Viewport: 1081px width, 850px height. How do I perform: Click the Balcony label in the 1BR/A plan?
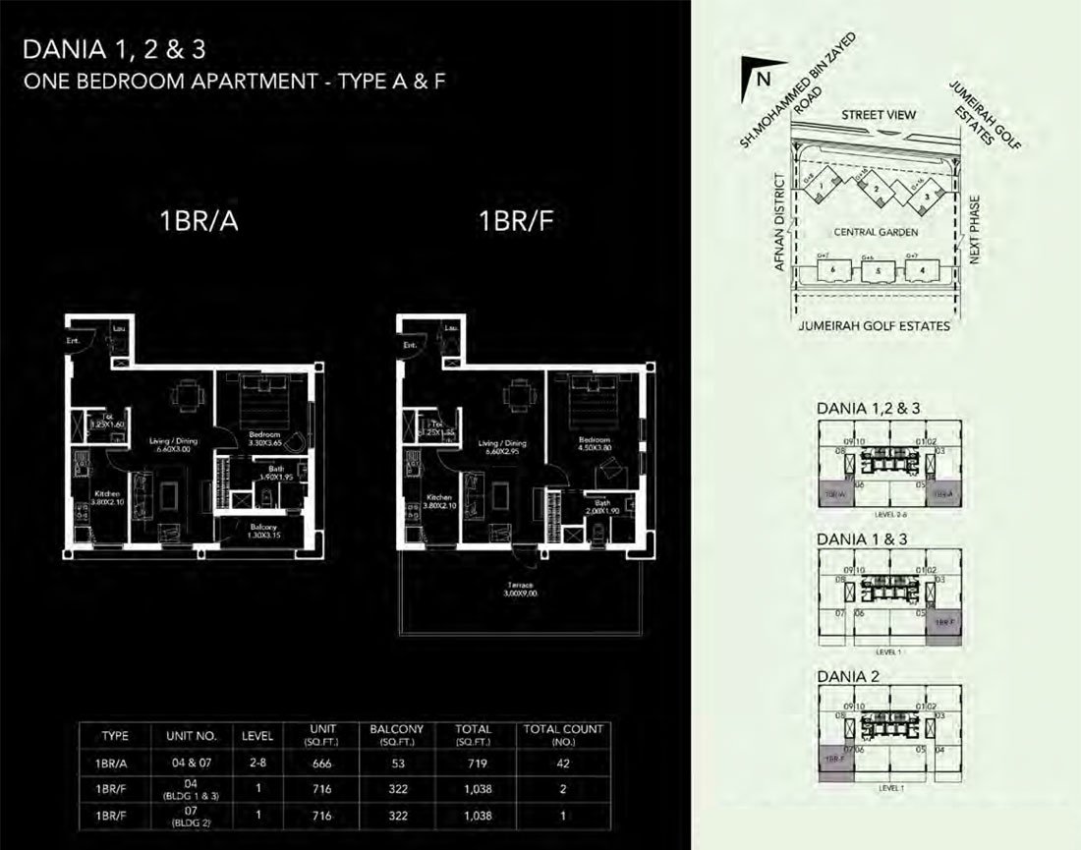pos(263,530)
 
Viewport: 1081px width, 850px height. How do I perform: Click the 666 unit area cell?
pos(316,761)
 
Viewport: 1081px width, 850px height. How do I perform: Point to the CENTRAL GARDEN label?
pos(875,233)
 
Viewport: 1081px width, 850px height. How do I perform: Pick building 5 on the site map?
pos(879,270)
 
